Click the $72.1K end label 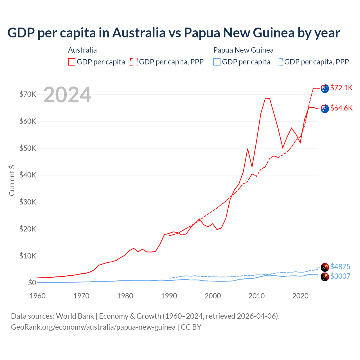tap(341, 88)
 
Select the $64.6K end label tap(341, 108)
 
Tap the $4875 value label tap(340, 266)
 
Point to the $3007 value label tap(340, 276)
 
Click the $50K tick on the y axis tap(28, 148)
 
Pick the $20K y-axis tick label tap(28, 229)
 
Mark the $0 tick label tap(32, 283)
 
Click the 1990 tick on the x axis tap(169, 296)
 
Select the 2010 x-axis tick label tap(256, 296)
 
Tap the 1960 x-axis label tap(38, 296)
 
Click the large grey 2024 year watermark tap(67, 95)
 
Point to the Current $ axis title tap(12, 180)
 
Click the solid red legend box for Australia tap(72, 62)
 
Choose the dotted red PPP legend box tap(134, 62)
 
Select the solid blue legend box tap(217, 62)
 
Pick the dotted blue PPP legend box tap(279, 62)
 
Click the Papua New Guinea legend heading tap(243, 50)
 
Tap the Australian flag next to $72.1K tap(325, 88)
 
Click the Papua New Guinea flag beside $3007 tap(325, 277)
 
